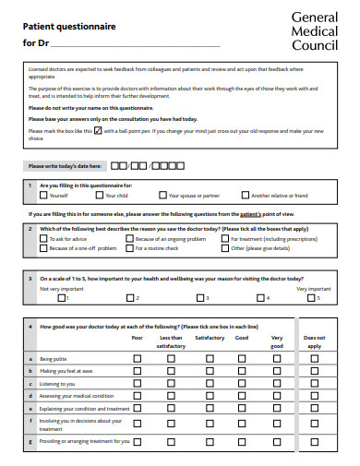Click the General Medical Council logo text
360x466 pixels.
click(x=316, y=30)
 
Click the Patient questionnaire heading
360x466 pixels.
click(x=69, y=27)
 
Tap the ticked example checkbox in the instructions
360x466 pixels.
click(x=98, y=130)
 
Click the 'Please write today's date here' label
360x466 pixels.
click(x=63, y=166)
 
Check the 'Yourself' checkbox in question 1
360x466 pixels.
click(x=43, y=196)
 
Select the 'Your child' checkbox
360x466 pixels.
click(x=101, y=196)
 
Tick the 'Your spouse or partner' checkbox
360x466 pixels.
click(x=162, y=196)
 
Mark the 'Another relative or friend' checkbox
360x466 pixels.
click(x=245, y=196)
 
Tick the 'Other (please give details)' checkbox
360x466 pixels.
click(x=225, y=248)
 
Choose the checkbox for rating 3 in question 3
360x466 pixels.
click(x=198, y=298)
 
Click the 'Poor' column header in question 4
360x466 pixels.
click(x=137, y=338)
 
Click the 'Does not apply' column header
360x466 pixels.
click(x=314, y=341)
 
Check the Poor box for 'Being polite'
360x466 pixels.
click(x=137, y=358)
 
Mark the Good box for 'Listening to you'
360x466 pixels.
click(x=242, y=383)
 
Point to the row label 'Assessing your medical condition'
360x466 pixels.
click(x=76, y=396)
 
